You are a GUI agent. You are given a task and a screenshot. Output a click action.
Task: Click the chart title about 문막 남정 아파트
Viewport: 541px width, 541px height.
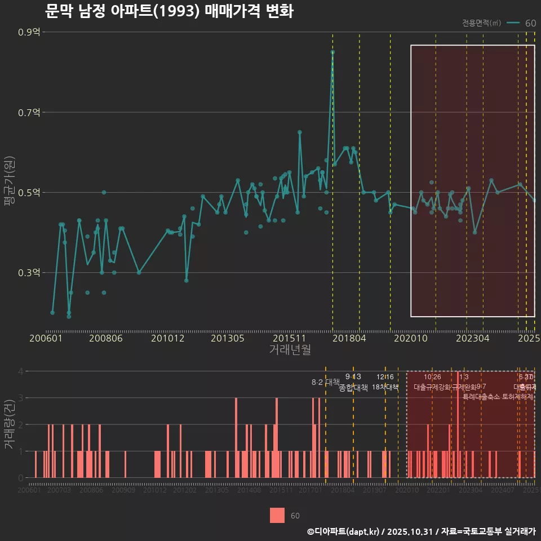[168, 11]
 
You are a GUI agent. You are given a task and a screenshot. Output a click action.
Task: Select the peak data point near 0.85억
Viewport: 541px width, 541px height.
[332, 52]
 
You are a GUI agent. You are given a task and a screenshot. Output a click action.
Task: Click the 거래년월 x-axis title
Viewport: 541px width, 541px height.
[290, 349]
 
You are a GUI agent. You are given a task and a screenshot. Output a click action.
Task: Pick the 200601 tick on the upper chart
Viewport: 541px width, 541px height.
[46, 338]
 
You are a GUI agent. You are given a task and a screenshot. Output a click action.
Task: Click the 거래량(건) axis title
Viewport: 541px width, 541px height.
[9, 424]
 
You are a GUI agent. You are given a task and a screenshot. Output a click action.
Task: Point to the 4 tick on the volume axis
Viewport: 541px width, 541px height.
[21, 371]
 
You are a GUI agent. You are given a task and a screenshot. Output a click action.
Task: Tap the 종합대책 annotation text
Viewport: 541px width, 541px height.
[353, 387]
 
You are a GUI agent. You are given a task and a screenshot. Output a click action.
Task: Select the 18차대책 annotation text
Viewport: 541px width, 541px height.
[385, 387]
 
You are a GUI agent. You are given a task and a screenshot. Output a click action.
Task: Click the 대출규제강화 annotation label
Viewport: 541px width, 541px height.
[432, 387]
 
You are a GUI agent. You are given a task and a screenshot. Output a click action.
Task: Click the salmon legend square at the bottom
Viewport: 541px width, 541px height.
[277, 515]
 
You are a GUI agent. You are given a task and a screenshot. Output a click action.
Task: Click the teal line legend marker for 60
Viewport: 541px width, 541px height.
[513, 23]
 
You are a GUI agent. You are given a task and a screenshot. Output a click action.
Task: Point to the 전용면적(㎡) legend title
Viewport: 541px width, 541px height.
[481, 23]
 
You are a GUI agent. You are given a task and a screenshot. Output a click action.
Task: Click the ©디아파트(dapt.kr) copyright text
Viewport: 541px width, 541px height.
[344, 531]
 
